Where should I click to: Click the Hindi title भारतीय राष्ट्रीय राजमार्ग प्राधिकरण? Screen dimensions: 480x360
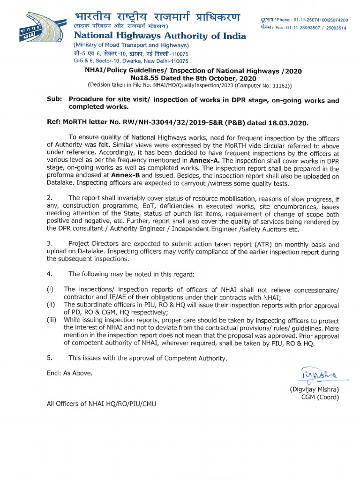(157, 18)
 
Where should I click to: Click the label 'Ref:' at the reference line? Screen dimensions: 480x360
(54, 122)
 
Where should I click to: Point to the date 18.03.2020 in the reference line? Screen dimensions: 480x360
(289, 122)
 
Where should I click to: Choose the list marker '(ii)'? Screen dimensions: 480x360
(51, 305)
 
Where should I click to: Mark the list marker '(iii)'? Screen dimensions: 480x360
(52, 320)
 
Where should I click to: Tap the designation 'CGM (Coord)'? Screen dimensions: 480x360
(320, 397)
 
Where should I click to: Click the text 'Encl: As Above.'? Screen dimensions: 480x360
(69, 373)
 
